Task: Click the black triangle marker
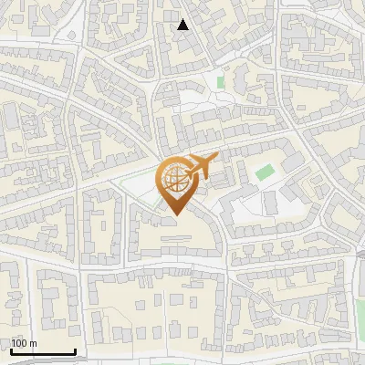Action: [x=183, y=25]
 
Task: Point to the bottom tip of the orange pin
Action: [x=174, y=214]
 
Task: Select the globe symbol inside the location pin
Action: [x=174, y=180]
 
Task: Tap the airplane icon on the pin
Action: [x=203, y=166]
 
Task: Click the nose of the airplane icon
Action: [x=217, y=159]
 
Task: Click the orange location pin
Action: [x=174, y=186]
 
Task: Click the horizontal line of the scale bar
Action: [x=42, y=352]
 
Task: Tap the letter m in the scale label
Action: [x=33, y=344]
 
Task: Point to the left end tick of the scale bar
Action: [x=10, y=350]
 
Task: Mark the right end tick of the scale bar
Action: [x=75, y=350]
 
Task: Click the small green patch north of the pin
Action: [x=221, y=82]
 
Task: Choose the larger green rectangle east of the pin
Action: [x=264, y=172]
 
